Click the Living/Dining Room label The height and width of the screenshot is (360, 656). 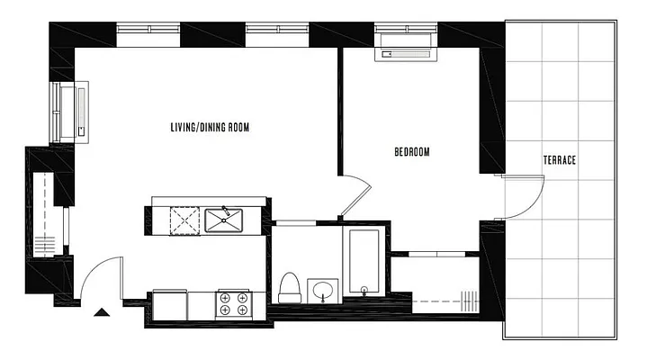click(x=209, y=128)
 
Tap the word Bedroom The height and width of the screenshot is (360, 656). click(x=412, y=152)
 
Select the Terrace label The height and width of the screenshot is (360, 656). click(x=559, y=160)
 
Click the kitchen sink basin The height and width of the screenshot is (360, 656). click(x=223, y=219)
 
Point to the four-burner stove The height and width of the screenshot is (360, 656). click(x=233, y=303)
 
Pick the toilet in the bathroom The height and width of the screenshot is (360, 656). click(x=290, y=287)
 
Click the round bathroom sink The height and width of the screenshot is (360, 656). click(x=322, y=291)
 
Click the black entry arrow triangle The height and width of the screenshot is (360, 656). click(x=103, y=312)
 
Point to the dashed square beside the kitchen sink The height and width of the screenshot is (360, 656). click(x=184, y=219)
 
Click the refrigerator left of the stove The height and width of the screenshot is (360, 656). click(x=170, y=304)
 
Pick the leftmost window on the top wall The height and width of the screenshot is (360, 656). click(x=150, y=35)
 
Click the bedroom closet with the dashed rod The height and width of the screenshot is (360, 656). click(x=437, y=283)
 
